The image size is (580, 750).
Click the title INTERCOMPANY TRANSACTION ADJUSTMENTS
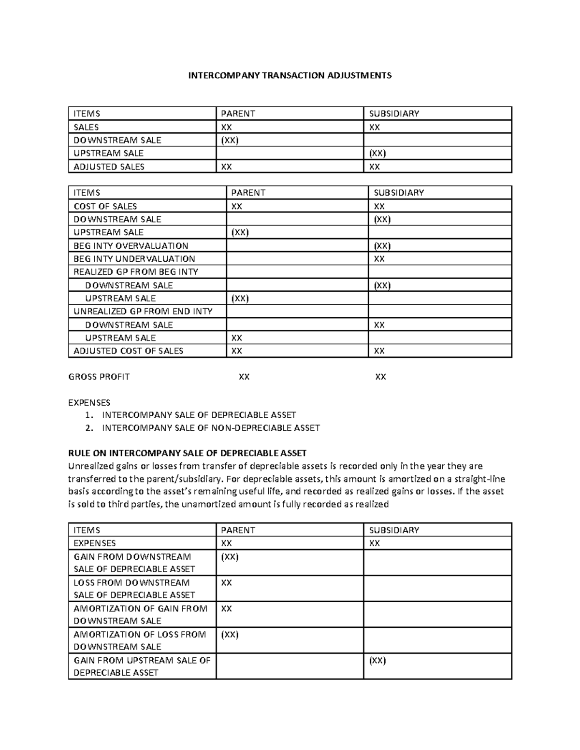tap(290, 75)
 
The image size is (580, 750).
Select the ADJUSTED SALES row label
tap(109, 167)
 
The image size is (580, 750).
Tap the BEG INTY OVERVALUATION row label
tap(130, 246)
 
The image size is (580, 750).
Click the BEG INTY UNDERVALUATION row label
tap(134, 259)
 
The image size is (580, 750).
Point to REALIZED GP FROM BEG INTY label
tap(135, 272)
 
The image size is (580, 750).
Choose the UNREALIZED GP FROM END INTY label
tap(143, 311)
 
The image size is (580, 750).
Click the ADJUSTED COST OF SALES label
tap(128, 351)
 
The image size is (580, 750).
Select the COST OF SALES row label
tap(105, 206)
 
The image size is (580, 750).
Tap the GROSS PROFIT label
tap(99, 377)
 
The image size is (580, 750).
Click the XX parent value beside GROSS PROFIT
tap(244, 377)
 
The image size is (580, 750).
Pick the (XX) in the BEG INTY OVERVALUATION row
tap(382, 246)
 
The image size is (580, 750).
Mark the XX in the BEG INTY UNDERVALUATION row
tap(379, 259)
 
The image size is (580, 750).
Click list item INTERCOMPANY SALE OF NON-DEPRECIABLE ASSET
tap(211, 428)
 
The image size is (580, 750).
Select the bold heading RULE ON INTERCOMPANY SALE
tap(188, 453)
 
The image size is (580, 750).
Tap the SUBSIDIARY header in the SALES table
tap(394, 113)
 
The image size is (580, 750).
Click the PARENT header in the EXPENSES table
tap(238, 530)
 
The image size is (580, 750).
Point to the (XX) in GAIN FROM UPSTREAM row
tap(377, 661)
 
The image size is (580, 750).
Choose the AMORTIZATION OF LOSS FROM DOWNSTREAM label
tap(140, 640)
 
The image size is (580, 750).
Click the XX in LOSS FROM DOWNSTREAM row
tap(226, 583)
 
